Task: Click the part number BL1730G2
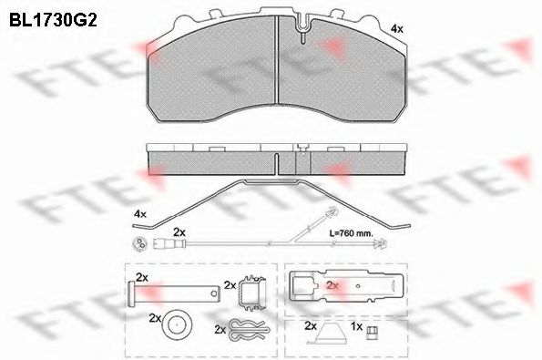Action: (x=53, y=20)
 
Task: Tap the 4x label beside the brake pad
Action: (x=396, y=29)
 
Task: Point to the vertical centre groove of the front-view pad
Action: (x=277, y=59)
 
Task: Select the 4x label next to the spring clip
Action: (x=140, y=214)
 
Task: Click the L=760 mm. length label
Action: (x=352, y=233)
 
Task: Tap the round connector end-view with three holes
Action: (x=140, y=243)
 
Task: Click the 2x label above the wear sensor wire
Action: (x=179, y=232)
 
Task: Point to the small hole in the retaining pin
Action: (x=214, y=293)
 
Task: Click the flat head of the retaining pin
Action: (x=131, y=294)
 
